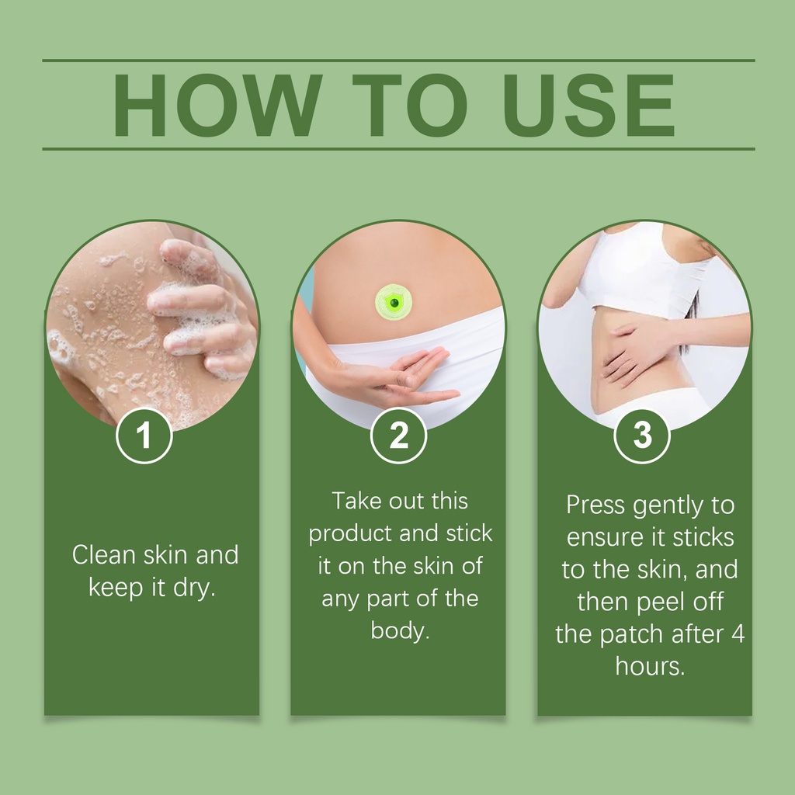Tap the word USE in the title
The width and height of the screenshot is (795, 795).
coord(589,106)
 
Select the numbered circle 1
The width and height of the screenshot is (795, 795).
coord(144,436)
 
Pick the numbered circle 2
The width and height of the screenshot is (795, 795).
coord(398,436)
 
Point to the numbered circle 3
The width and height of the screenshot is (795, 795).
coord(642,436)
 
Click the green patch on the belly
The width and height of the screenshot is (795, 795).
coord(393,302)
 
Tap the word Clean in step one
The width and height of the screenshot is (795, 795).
coord(104,554)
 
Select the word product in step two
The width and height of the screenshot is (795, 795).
coord(349,534)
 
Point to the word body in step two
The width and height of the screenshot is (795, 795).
coord(400,631)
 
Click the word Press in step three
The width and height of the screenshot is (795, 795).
coord(595,505)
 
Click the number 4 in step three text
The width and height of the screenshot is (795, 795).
coord(738,634)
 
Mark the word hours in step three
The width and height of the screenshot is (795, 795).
coord(650,666)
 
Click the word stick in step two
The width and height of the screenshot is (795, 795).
coord(469,533)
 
